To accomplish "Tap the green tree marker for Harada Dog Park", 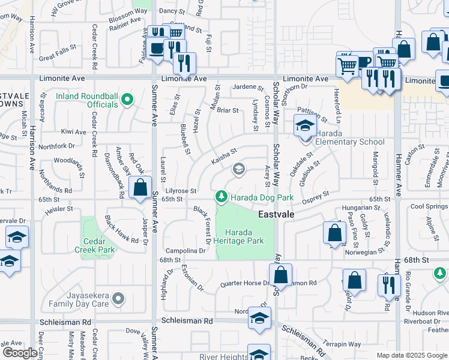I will click(x=221, y=197).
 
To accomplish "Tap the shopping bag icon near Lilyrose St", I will click(x=140, y=187).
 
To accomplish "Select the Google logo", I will click(x=20, y=353).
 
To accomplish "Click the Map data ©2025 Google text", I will click(x=411, y=355).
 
